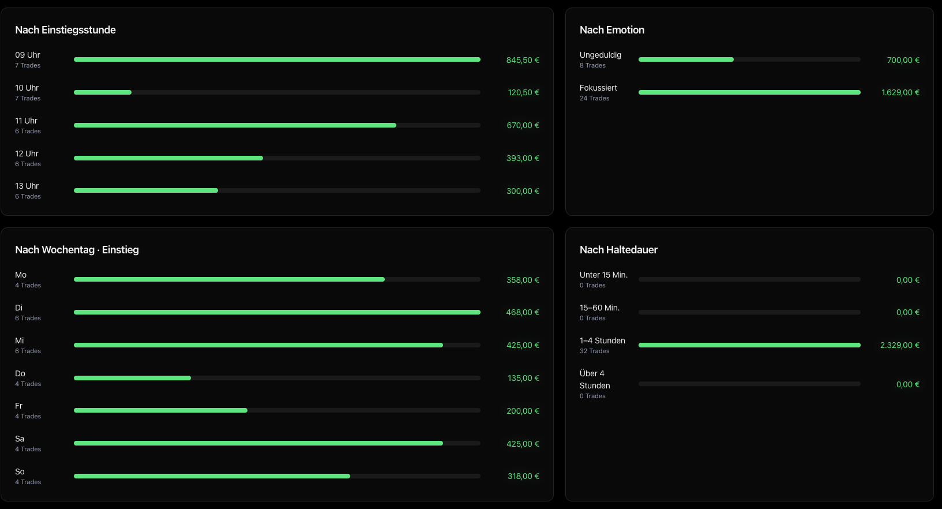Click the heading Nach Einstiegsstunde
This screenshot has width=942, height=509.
tap(65, 30)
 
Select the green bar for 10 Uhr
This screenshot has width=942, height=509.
tap(103, 92)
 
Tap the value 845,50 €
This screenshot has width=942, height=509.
tap(522, 60)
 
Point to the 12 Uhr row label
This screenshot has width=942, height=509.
tap(27, 154)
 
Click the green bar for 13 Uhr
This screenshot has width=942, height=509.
tap(146, 190)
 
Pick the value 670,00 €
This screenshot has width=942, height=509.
tap(523, 125)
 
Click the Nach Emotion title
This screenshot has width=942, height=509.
tap(612, 30)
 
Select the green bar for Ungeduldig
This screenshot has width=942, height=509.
tap(686, 60)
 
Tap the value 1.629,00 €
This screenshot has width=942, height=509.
tap(900, 92)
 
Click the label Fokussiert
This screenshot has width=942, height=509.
tap(598, 88)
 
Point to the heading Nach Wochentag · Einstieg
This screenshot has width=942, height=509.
tap(77, 250)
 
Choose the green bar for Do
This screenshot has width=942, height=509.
tap(132, 378)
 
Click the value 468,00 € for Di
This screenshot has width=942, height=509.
tap(522, 313)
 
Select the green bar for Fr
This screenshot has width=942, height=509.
tap(160, 410)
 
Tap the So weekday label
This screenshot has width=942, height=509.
tap(20, 471)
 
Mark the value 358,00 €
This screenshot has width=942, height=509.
tap(522, 280)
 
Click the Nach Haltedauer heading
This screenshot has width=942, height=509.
tap(618, 250)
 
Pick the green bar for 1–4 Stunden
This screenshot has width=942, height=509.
tap(749, 345)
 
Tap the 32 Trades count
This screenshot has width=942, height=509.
tap(594, 351)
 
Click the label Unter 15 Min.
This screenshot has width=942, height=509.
tap(603, 275)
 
